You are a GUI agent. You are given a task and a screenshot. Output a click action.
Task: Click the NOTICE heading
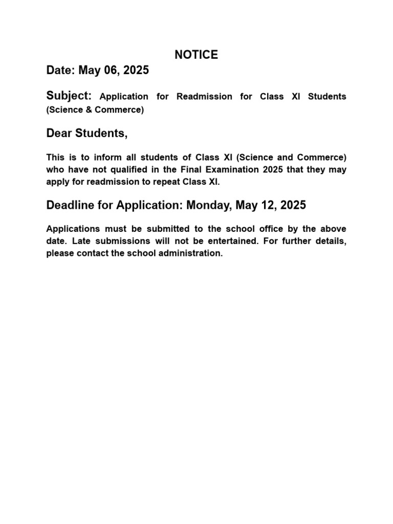point(196,55)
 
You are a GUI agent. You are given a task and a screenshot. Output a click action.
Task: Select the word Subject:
point(69,96)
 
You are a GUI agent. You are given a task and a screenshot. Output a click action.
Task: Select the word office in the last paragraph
point(271,229)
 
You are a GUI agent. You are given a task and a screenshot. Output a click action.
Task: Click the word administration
point(189,253)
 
